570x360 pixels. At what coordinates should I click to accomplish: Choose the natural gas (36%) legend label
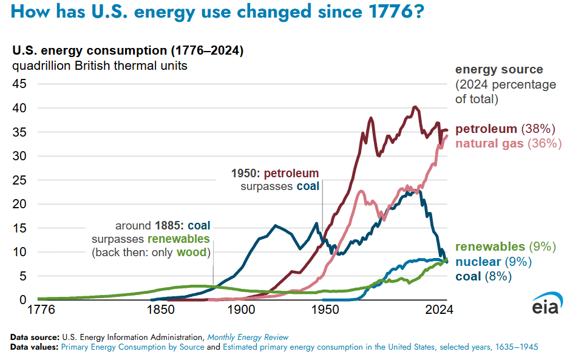point(508,144)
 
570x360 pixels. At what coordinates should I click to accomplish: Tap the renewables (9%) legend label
point(506,247)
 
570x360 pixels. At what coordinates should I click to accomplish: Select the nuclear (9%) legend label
point(493,262)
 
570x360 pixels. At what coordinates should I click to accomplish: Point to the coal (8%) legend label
point(483,276)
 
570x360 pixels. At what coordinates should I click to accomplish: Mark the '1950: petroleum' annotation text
point(275,174)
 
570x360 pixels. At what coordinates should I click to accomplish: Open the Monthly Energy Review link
point(248,337)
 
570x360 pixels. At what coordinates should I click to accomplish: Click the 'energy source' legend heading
point(499,70)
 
